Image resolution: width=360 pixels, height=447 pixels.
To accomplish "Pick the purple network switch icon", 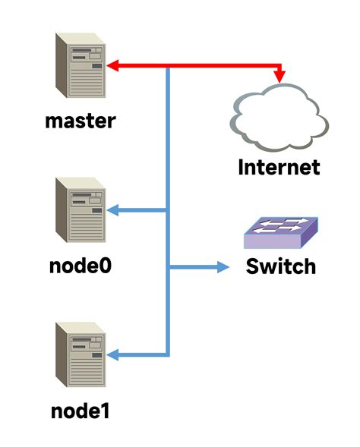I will [281, 234].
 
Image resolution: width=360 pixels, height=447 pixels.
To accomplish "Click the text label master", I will [80, 120].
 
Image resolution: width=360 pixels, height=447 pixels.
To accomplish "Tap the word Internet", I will [279, 166].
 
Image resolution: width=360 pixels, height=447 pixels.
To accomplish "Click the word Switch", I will [281, 267].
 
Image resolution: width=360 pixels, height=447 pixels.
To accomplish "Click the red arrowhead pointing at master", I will [112, 67].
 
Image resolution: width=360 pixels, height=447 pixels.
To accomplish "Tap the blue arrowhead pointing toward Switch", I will [223, 267].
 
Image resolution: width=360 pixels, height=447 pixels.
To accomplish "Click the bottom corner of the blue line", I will [168, 354].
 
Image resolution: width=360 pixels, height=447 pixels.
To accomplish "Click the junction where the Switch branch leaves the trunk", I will [168, 267].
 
